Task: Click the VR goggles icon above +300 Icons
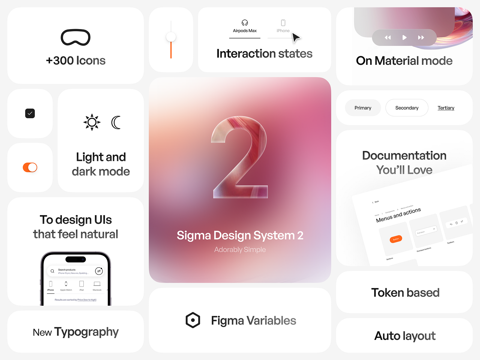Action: click(76, 37)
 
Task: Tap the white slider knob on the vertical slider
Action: click(171, 37)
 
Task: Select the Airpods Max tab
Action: click(245, 27)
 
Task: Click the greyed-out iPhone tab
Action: click(283, 27)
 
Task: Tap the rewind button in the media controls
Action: click(388, 37)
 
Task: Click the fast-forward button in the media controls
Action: click(421, 37)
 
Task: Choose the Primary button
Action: click(363, 108)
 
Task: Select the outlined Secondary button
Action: click(407, 108)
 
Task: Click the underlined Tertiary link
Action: click(446, 108)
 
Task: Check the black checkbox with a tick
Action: click(30, 113)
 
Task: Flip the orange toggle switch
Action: click(30, 167)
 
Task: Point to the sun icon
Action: click(92, 122)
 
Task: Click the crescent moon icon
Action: click(116, 122)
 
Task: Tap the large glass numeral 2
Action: click(240, 157)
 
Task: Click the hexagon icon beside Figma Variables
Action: click(193, 320)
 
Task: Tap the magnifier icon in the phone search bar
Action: click(52, 271)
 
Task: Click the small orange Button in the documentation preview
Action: click(396, 239)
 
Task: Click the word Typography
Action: click(86, 332)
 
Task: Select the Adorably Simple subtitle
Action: click(240, 250)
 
